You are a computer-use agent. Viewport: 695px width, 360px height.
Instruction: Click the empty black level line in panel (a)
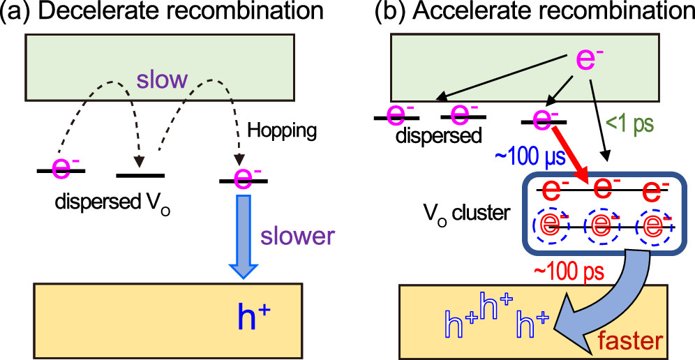click(140, 175)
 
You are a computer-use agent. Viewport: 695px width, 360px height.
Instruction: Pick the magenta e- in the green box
click(588, 60)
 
